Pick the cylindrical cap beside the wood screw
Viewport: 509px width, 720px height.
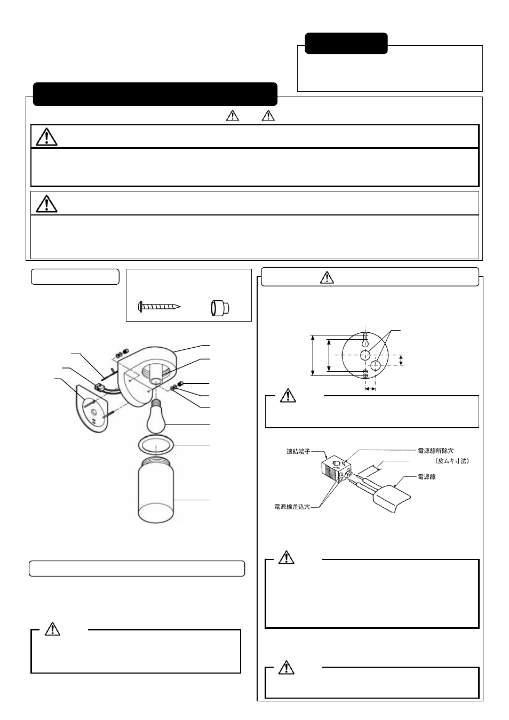[x=218, y=308]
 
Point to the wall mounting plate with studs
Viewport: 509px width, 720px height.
[x=92, y=407]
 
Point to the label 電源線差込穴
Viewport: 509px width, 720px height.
[x=293, y=507]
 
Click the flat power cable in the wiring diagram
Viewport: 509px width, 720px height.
[x=392, y=495]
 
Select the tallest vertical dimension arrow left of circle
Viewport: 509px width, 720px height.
[x=312, y=356]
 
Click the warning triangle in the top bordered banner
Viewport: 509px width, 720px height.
[x=47, y=137]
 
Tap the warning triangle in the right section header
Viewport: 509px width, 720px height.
[x=327, y=277]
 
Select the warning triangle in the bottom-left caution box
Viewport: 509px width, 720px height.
[x=52, y=629]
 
